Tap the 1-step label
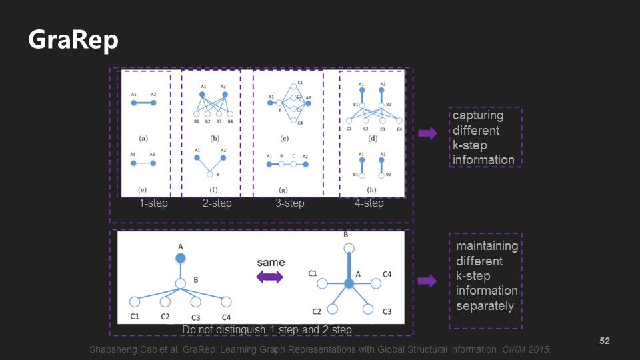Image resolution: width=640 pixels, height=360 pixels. click(x=153, y=203)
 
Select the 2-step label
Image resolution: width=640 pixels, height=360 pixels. click(x=217, y=203)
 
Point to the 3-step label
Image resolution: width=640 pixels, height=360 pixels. click(x=289, y=203)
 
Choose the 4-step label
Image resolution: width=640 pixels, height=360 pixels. click(x=369, y=203)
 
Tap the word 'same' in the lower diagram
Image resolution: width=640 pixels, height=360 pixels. click(x=271, y=262)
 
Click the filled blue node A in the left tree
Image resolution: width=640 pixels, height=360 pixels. click(x=180, y=257)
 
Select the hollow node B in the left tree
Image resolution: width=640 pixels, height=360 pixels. click(x=180, y=284)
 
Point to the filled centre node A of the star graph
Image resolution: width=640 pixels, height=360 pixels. click(x=349, y=283)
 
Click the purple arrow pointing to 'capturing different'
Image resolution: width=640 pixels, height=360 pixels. click(x=427, y=133)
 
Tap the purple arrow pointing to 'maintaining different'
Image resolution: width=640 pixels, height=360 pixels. click(x=427, y=281)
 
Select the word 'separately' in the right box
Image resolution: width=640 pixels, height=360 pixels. click(x=485, y=306)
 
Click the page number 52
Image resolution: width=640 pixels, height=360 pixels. click(x=605, y=341)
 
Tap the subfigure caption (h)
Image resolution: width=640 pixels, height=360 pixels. click(x=372, y=189)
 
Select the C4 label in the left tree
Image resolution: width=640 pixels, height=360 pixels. click(x=227, y=317)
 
